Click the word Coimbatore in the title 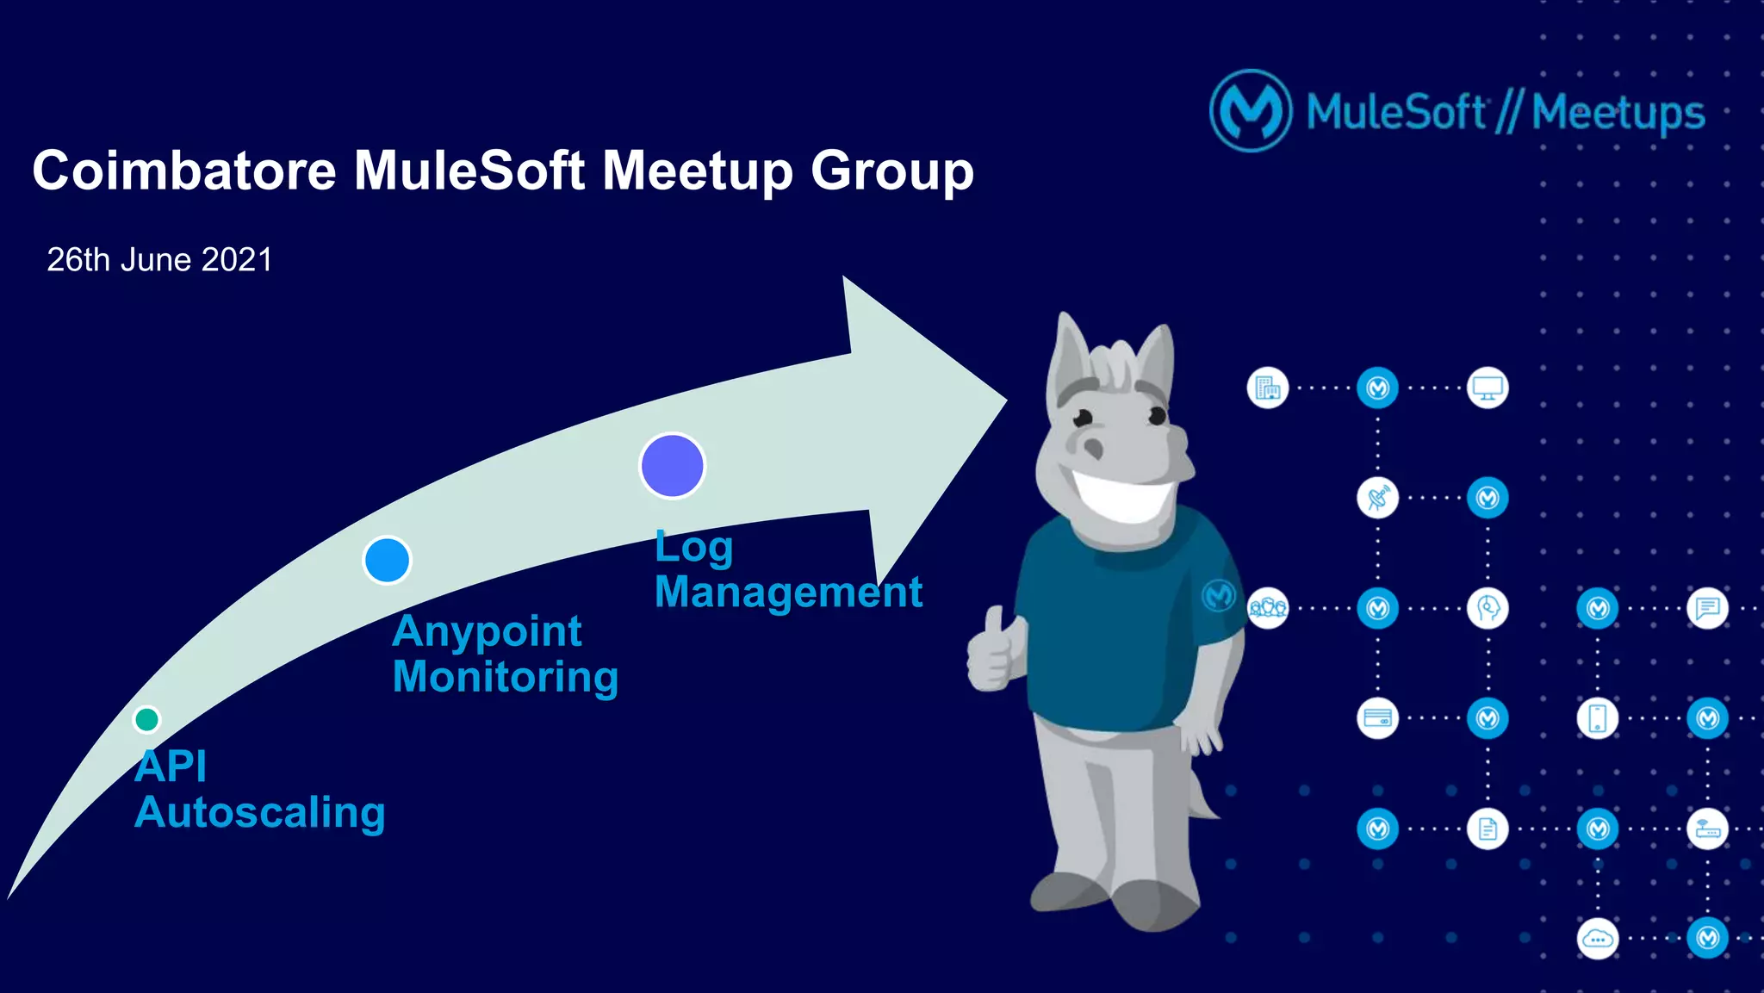(x=183, y=171)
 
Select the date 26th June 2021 (x=159, y=259)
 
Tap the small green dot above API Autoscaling (x=147, y=718)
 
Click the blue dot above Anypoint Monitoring (x=387, y=560)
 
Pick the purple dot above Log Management (x=672, y=466)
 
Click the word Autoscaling (x=259, y=812)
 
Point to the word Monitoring (x=506, y=676)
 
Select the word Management (x=788, y=592)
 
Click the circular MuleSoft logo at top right (x=1251, y=111)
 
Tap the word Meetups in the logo (x=1618, y=113)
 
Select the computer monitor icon (x=1488, y=388)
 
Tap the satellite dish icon (x=1377, y=498)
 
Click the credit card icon (x=1377, y=718)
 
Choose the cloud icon (x=1598, y=939)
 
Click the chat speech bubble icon (x=1707, y=609)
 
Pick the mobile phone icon (x=1598, y=718)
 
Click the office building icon (x=1267, y=388)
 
